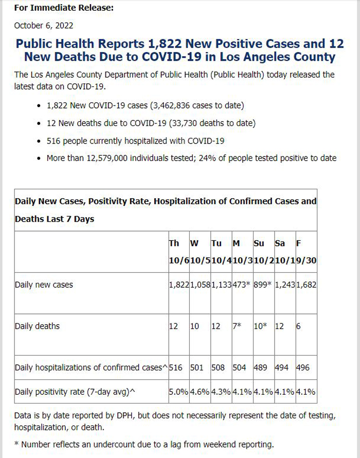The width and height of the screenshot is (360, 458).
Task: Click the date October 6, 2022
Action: pos(44,26)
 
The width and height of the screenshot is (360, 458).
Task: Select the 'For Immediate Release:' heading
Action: pos(64,8)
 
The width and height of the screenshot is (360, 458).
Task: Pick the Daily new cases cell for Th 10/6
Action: pos(179,285)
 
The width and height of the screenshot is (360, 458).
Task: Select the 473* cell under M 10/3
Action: pos(242,285)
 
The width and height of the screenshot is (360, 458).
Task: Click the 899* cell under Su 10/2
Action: pos(262,285)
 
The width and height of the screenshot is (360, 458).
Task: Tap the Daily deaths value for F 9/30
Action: pos(298,326)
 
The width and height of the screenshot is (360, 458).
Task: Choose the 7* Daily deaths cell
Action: pos(237,326)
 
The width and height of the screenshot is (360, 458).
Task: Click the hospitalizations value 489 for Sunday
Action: pos(260,367)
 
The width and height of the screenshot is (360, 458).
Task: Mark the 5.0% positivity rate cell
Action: pos(178,392)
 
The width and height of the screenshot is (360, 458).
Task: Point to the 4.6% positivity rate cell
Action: pos(200,392)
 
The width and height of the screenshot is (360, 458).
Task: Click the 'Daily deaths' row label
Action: pos(37,326)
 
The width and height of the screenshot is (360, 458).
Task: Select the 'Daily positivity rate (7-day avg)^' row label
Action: pos(75,392)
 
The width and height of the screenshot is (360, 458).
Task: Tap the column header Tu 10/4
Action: pos(221,252)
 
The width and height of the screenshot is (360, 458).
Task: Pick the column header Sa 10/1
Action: pos(285,252)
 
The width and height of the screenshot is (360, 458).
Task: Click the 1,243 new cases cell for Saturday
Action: pos(285,285)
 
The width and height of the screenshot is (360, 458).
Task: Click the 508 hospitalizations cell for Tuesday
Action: pos(218,367)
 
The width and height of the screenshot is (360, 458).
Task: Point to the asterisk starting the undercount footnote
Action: pos(16,444)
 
